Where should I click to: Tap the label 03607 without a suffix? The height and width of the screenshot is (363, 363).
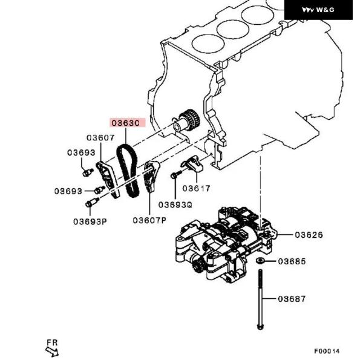(100, 138)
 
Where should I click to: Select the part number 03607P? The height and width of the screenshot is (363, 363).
(149, 220)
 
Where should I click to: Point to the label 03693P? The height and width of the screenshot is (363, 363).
(90, 221)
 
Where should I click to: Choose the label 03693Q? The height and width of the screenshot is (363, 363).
(175, 204)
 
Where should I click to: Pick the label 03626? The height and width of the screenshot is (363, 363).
(309, 235)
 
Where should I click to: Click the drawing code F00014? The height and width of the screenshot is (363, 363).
(327, 351)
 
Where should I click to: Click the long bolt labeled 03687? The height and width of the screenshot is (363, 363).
(260, 299)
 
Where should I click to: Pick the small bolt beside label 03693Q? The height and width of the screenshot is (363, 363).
(174, 175)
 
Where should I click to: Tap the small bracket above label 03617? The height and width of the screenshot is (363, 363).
(192, 163)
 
